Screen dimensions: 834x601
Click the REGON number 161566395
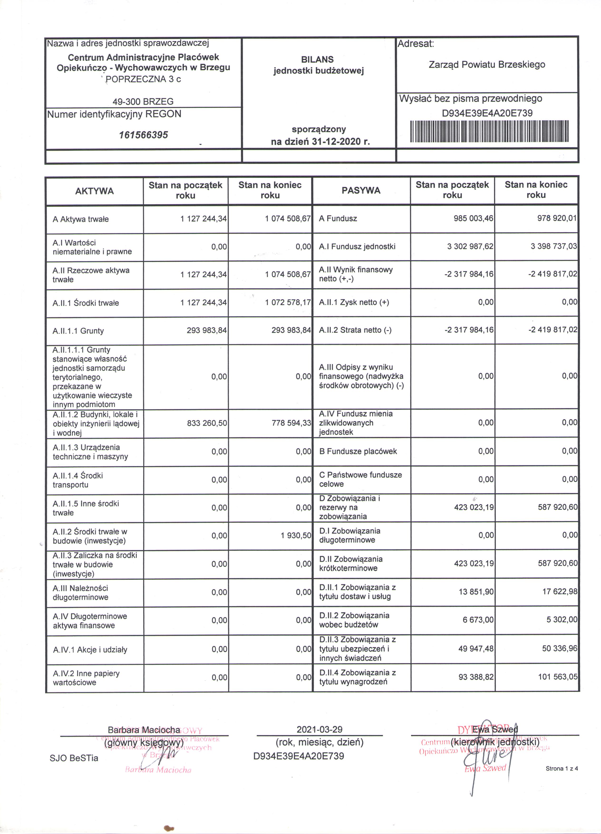[143, 135]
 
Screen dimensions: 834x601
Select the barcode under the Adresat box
[489, 131]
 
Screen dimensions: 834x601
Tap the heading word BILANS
[317, 59]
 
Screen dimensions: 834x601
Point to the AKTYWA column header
[94, 191]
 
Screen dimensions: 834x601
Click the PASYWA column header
[361, 190]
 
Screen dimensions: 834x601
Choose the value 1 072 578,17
[288, 303]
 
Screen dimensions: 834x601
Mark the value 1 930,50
[296, 535]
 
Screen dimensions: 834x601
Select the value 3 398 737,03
[554, 246]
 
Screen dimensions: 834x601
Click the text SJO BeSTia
[74, 758]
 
